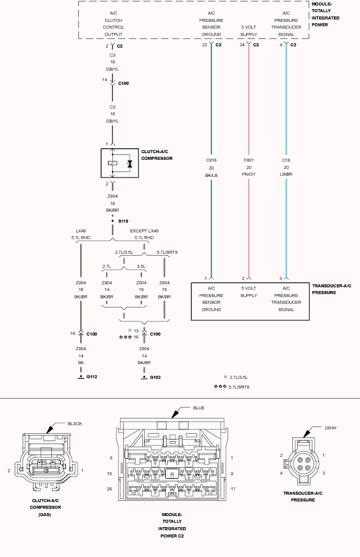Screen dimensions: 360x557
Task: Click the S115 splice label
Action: tap(123, 221)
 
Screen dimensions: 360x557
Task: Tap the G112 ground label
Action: tap(92, 376)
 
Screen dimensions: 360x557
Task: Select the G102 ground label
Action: tap(156, 377)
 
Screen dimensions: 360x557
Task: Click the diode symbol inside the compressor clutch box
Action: tap(130, 164)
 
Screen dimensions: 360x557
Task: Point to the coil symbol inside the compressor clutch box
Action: tap(112, 163)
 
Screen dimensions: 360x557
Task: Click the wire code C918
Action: tap(211, 160)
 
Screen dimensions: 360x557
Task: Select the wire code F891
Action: tap(249, 160)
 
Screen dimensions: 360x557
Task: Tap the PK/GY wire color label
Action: tap(249, 174)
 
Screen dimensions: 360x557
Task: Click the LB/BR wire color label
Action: tap(286, 174)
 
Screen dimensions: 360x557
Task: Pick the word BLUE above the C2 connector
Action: tap(199, 408)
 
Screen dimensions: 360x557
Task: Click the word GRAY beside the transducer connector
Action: tap(331, 428)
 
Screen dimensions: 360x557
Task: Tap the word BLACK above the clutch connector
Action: tap(74, 423)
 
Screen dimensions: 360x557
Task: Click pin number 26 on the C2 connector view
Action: tap(109, 489)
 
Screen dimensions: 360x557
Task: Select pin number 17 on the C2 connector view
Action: tap(233, 489)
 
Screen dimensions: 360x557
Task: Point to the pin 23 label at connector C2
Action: tap(204, 45)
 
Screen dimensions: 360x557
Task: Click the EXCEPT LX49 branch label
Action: tap(144, 231)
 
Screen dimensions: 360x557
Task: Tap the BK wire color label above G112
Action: tap(81, 362)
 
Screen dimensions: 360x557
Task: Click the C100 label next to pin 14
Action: tap(123, 83)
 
